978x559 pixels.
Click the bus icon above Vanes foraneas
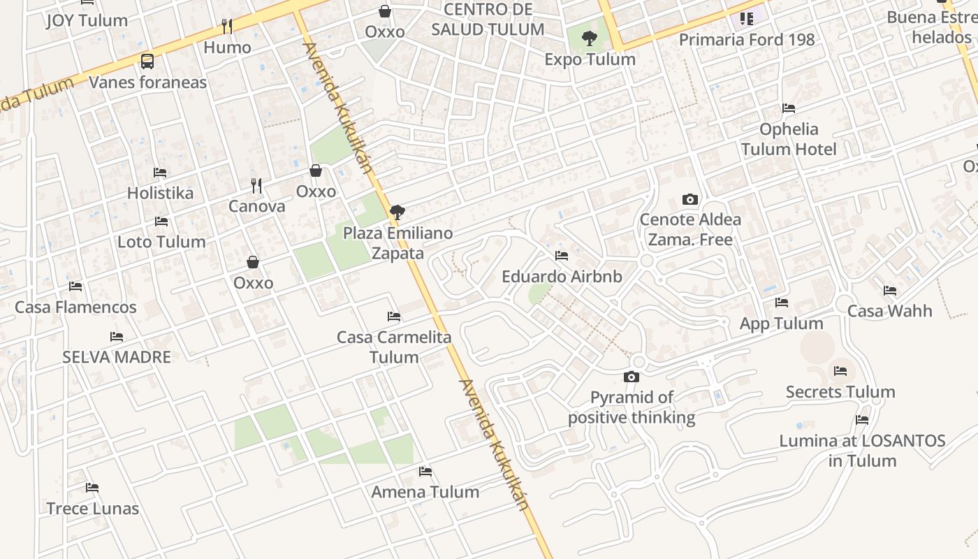coord(147,61)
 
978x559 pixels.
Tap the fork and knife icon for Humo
coord(227,27)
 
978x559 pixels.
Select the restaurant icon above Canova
coord(256,185)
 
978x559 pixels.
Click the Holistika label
coord(160,193)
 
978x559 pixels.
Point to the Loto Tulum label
coord(161,242)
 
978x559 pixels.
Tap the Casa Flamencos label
coord(75,307)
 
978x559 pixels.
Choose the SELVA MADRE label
coord(117,357)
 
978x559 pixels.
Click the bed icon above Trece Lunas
coord(92,488)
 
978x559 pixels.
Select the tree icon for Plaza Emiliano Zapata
coord(397,212)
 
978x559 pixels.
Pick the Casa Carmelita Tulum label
coord(394,347)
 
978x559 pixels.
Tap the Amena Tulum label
coord(425,492)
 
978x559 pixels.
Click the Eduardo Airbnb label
coord(562,276)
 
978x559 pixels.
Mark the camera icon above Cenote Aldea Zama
coord(690,200)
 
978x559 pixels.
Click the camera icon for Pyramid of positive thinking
coord(632,377)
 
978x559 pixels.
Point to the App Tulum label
coord(781,324)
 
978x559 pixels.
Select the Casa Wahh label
coord(889,311)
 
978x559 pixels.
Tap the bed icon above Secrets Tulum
coord(840,371)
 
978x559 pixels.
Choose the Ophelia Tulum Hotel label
coord(789,139)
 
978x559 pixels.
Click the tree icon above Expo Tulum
coord(590,38)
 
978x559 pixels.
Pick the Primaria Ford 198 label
coord(747,40)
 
